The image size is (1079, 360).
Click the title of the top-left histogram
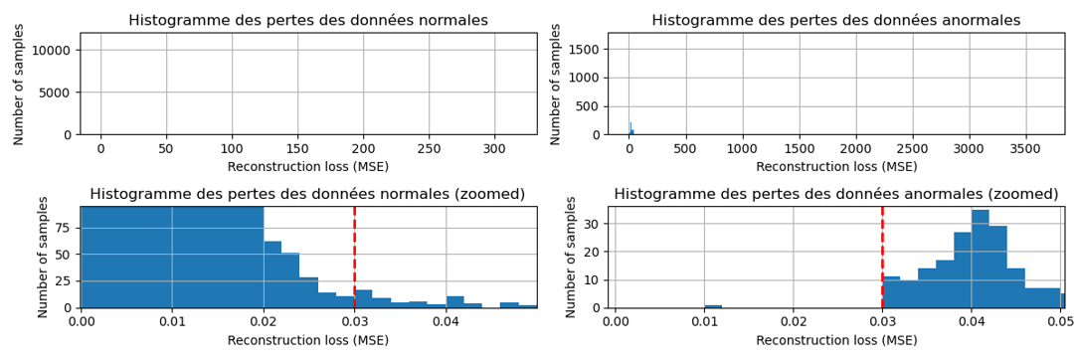[x=308, y=21]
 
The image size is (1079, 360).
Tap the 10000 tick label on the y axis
[x=50, y=51]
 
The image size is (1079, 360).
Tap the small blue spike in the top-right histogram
[x=630, y=129]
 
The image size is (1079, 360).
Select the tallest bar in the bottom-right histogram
[x=981, y=259]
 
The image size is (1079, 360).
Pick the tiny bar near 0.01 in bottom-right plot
[x=713, y=306]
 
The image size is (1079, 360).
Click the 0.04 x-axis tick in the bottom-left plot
[x=446, y=322]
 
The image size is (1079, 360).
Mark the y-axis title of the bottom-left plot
[x=43, y=257]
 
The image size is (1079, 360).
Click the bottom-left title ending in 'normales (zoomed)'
[x=308, y=194]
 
